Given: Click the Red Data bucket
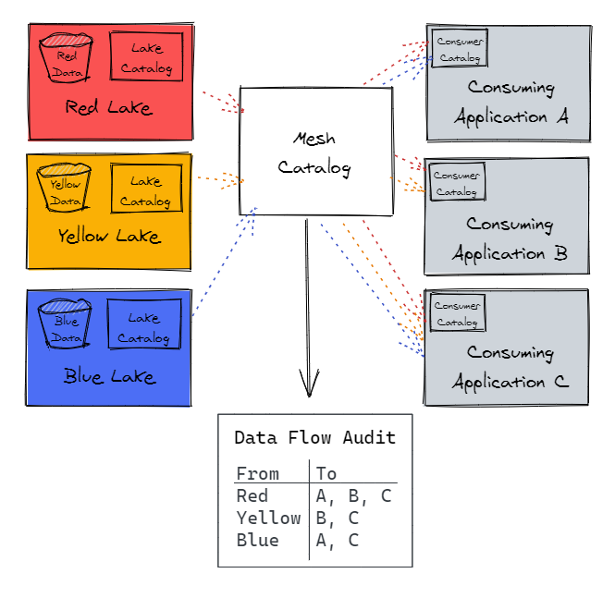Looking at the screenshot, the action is (66, 58).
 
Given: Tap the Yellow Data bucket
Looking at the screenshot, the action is (64, 188).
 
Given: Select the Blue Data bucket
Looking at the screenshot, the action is (65, 323).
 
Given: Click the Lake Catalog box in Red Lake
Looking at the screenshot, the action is (146, 56).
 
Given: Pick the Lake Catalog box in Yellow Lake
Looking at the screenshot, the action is (146, 189).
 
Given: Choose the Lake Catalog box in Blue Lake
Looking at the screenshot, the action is (144, 323).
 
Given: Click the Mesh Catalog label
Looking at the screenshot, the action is (314, 153).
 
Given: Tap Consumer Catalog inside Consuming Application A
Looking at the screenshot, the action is (460, 48).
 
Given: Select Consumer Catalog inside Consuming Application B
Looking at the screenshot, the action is (458, 182).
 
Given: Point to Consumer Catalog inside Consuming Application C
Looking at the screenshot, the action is (458, 312).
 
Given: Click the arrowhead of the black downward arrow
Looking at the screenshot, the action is (310, 396).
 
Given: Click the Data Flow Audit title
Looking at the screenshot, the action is (315, 438).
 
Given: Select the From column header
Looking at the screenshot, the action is (258, 473).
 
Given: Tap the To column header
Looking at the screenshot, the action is (326, 473).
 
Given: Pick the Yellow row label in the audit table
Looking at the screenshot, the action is (269, 518).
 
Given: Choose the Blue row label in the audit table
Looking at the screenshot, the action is (258, 540).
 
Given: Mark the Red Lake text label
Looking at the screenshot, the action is (108, 107).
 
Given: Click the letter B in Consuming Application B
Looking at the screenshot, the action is (560, 253).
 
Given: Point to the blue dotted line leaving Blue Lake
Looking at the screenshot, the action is (224, 262).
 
